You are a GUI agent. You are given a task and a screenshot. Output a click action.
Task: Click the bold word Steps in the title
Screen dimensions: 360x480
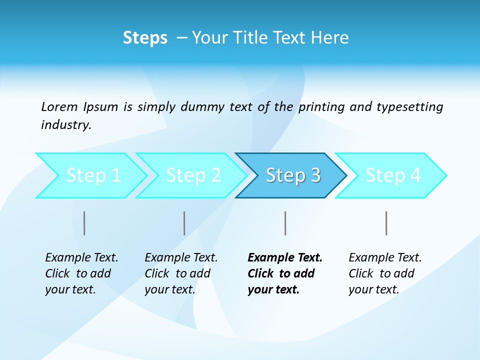(x=145, y=38)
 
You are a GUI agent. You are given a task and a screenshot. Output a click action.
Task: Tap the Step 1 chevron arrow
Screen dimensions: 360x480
(x=93, y=175)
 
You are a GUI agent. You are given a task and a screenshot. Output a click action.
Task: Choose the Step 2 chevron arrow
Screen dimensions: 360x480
(x=193, y=175)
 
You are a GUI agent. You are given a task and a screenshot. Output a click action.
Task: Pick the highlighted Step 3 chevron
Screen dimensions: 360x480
(x=293, y=175)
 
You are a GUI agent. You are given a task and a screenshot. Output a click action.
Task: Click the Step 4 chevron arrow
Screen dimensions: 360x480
(x=393, y=175)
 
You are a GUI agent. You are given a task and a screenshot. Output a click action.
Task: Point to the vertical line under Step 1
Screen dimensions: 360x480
(x=84, y=223)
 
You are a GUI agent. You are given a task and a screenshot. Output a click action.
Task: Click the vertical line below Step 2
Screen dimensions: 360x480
(x=184, y=223)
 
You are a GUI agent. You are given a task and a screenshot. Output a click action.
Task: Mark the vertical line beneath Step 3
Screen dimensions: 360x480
(x=285, y=223)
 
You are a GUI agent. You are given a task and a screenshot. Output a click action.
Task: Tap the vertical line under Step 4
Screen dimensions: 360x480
(x=386, y=223)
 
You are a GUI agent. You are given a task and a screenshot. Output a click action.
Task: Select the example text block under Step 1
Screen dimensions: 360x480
(x=81, y=273)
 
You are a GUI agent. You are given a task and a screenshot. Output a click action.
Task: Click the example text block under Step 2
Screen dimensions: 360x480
(x=181, y=273)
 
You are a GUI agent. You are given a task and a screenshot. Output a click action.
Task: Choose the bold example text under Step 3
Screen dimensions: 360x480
(x=285, y=273)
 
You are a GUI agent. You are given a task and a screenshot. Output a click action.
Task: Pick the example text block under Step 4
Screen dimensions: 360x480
(x=385, y=273)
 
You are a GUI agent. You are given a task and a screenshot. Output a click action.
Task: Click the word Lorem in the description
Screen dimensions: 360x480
(x=59, y=107)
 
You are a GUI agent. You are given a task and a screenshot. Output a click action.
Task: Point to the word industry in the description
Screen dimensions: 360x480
(x=65, y=125)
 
